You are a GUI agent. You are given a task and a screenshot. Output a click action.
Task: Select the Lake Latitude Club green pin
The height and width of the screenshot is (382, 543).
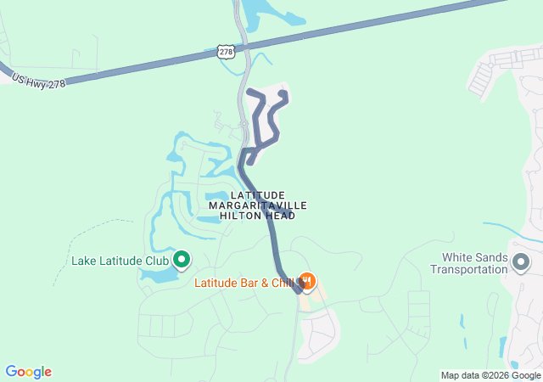tap(181, 259)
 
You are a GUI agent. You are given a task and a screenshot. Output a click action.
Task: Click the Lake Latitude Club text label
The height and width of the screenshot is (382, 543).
tap(120, 261)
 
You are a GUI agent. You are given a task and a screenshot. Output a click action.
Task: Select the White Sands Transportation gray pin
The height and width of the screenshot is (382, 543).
tap(520, 263)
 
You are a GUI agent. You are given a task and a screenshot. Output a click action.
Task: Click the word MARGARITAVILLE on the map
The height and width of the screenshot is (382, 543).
tap(258, 205)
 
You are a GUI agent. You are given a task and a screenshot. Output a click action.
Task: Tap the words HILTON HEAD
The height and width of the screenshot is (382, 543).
tap(258, 216)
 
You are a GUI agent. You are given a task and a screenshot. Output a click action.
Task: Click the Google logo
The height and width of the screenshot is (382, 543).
tap(29, 372)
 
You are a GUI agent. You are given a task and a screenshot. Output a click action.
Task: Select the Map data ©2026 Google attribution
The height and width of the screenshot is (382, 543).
tap(490, 375)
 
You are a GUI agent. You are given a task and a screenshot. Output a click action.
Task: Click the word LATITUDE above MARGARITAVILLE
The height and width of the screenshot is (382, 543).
tap(258, 195)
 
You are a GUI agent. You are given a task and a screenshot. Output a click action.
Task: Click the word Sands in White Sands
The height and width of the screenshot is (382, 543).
tap(490, 257)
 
